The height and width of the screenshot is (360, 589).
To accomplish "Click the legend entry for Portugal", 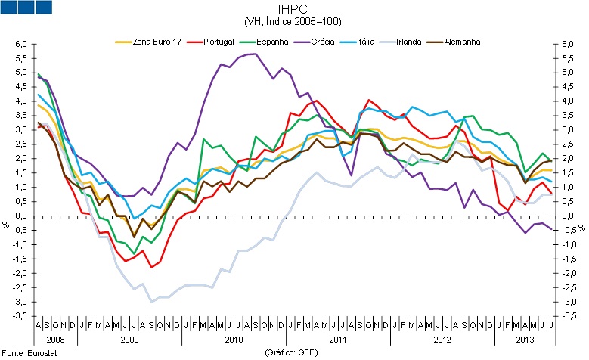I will tap(223, 42).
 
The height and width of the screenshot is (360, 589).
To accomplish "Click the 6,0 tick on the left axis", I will tap(20, 45).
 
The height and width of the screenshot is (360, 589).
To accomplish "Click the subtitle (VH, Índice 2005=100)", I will tap(295, 23).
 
